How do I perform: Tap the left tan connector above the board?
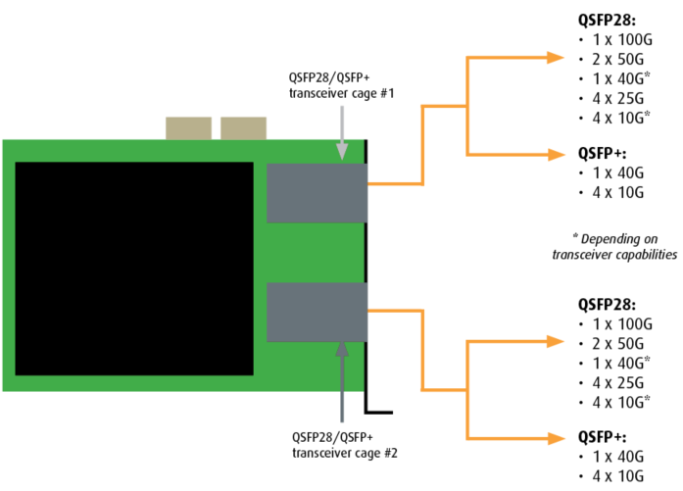tap(187, 128)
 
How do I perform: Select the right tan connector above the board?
tap(243, 128)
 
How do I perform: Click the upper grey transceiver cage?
tap(316, 193)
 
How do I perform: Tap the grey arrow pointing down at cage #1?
tap(341, 132)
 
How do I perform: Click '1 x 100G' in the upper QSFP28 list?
tap(618, 39)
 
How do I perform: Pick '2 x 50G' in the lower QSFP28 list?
tap(615, 342)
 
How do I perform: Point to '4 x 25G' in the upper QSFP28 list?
tap(615, 98)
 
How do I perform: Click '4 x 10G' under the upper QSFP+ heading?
tap(615, 192)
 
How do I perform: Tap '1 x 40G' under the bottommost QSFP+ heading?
tap(615, 457)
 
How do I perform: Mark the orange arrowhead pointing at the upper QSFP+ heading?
tap(557, 154)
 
